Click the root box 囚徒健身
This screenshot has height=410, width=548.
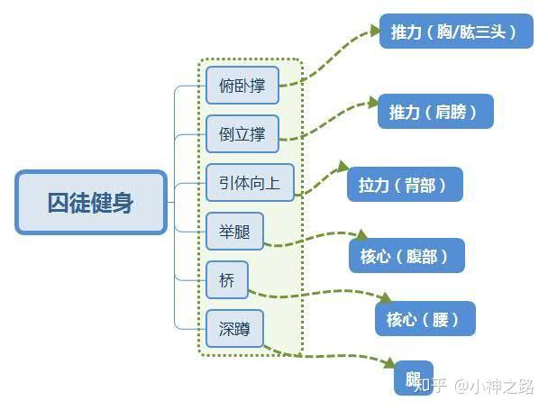(x=91, y=202)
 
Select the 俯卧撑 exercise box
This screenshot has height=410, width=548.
(x=242, y=86)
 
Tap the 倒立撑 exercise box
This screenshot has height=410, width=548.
(x=242, y=133)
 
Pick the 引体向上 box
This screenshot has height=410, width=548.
(x=250, y=183)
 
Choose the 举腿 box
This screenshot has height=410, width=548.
(x=234, y=231)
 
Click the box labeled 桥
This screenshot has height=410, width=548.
(x=226, y=280)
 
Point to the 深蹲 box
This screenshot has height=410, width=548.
(x=234, y=328)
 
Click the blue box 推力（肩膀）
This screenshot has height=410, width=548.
(x=435, y=112)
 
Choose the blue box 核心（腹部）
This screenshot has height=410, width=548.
(x=406, y=256)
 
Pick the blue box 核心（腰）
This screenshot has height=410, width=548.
(x=425, y=318)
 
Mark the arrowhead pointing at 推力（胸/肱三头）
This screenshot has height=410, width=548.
(x=373, y=31)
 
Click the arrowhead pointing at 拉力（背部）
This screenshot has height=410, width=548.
(x=342, y=168)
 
